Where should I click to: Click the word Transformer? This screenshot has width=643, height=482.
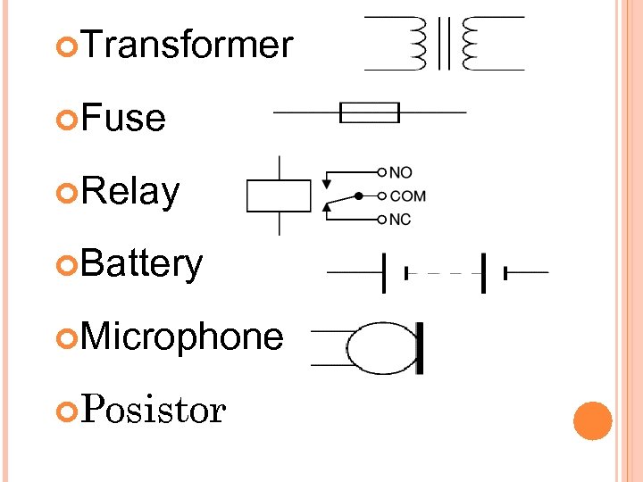pyautogui.click(x=188, y=45)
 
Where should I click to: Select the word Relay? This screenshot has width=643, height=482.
pyautogui.click(x=130, y=191)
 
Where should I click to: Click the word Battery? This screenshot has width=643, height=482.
pyautogui.click(x=142, y=264)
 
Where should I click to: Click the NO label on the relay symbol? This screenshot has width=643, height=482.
pyautogui.click(x=401, y=171)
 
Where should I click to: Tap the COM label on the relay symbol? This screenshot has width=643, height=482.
pyautogui.click(x=408, y=195)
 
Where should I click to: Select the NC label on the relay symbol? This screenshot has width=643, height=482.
pyautogui.click(x=400, y=220)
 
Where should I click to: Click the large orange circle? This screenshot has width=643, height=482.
pyautogui.click(x=592, y=420)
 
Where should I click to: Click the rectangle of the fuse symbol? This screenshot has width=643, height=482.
pyautogui.click(x=370, y=112)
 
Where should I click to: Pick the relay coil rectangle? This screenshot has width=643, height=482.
pyautogui.click(x=279, y=195)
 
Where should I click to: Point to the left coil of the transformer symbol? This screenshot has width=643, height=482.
pyautogui.click(x=416, y=43)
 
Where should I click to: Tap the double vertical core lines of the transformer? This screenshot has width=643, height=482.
pyautogui.click(x=442, y=43)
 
